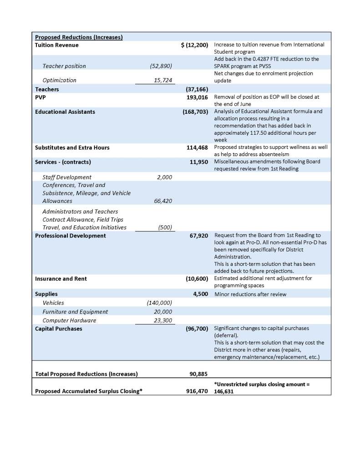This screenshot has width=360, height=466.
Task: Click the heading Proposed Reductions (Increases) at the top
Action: coord(79,37)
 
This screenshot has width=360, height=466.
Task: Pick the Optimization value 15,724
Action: coord(163,81)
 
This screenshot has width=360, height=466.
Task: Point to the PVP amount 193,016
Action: coord(197,97)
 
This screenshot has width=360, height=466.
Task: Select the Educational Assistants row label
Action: coord(65,111)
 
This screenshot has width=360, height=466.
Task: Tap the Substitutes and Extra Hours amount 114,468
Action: coord(197,147)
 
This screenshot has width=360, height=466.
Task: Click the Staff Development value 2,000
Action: coord(164,177)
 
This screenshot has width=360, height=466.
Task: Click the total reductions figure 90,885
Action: coord(198,374)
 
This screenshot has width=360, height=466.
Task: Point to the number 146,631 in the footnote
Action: coord(225,391)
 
